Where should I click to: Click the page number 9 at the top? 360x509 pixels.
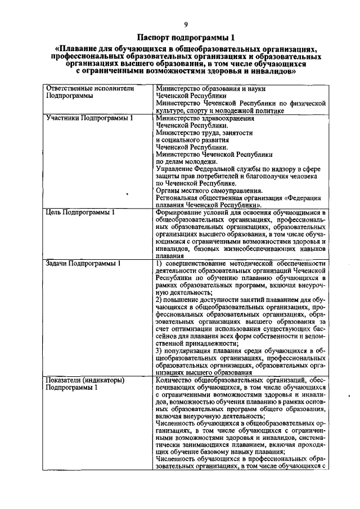tap(185, 24)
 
